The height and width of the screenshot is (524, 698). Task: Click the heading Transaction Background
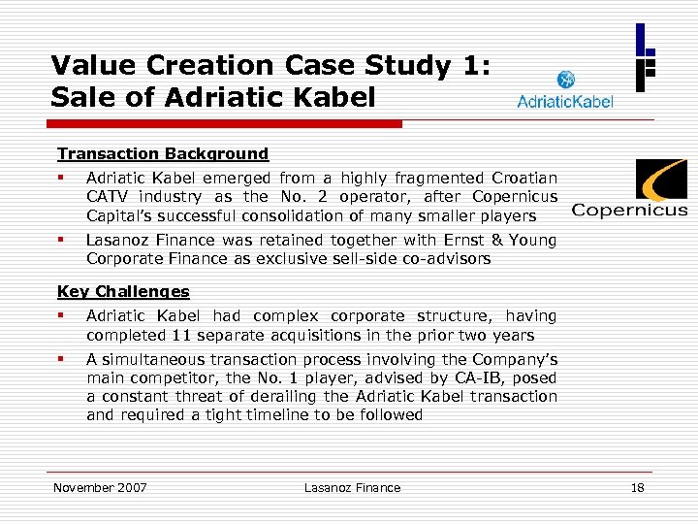(x=163, y=153)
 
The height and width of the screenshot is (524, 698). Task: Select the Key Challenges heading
(x=123, y=291)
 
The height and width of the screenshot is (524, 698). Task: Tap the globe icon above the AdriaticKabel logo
(x=565, y=80)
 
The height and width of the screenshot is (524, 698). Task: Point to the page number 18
(x=637, y=487)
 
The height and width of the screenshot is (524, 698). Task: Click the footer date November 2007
(x=100, y=487)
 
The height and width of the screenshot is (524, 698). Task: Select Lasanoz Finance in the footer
(x=351, y=487)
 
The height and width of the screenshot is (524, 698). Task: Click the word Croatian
(x=525, y=178)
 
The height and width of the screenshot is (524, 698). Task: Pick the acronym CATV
(x=107, y=197)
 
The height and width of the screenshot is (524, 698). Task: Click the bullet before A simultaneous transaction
(x=60, y=358)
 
